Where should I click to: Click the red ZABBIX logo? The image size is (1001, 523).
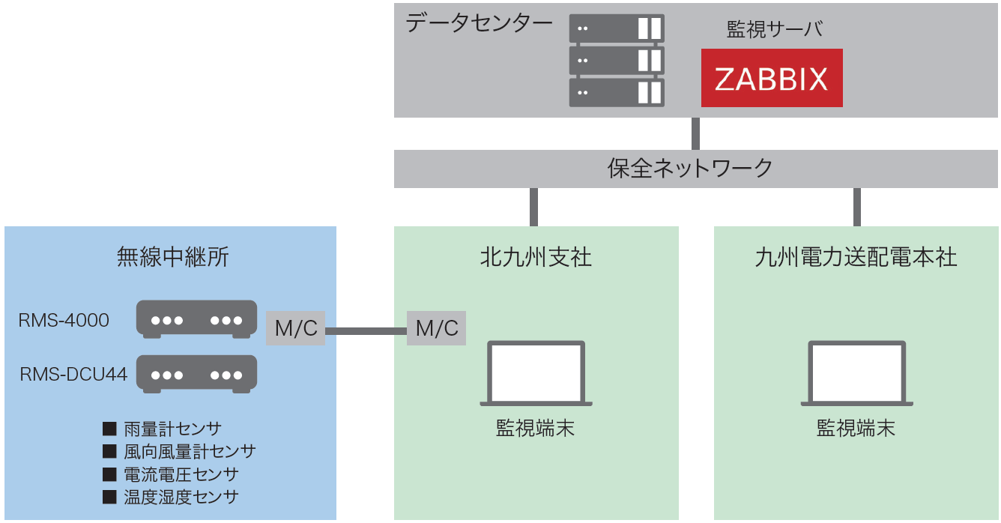(772, 78)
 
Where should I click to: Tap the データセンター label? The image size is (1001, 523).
(479, 23)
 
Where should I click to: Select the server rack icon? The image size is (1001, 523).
(617, 61)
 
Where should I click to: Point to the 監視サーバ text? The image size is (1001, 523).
(775, 29)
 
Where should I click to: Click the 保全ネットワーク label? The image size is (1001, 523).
(690, 169)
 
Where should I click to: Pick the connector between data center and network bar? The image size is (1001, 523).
(695, 133)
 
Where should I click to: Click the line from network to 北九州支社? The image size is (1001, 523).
(533, 207)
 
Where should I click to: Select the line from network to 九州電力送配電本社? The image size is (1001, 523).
(856, 207)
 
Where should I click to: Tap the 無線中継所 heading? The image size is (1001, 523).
(172, 257)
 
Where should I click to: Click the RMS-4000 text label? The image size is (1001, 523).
(64, 320)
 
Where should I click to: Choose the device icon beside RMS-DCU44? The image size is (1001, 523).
(196, 374)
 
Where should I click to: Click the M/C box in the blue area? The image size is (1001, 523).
(295, 328)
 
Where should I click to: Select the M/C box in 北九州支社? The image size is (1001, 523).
(436, 328)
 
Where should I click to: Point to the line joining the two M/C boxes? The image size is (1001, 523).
(366, 331)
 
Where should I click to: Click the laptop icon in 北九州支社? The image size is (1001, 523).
(536, 374)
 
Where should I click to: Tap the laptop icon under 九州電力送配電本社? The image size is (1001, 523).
(856, 374)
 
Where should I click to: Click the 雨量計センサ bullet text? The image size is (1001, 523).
(172, 429)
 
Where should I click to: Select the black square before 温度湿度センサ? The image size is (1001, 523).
(109, 497)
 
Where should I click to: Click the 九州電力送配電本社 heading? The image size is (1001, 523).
(856, 257)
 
